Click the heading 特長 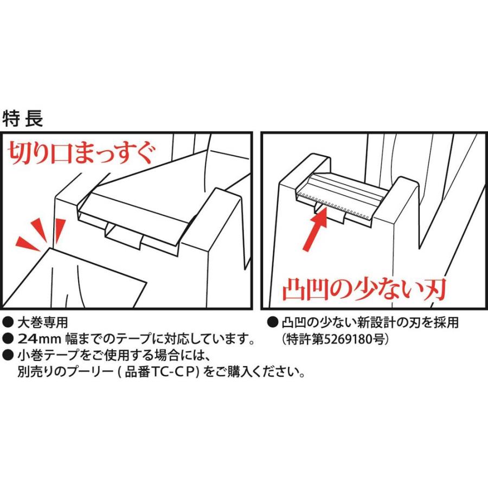tap(22, 118)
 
